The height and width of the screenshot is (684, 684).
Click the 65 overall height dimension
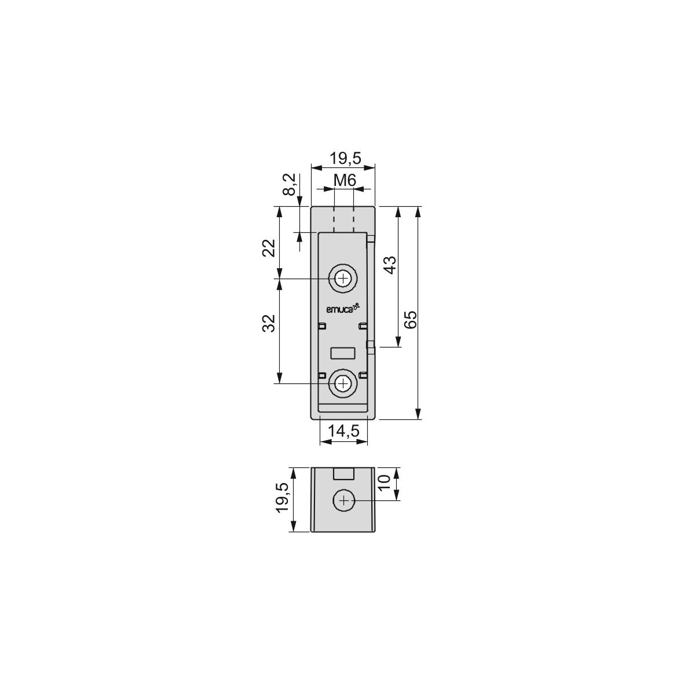click(x=411, y=320)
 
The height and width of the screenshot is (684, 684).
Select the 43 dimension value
click(x=390, y=265)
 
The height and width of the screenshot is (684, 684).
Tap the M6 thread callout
click(x=345, y=180)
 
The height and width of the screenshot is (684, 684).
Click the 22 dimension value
click(x=269, y=248)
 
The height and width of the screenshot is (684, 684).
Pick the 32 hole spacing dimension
click(x=269, y=323)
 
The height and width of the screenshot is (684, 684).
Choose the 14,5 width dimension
click(x=344, y=430)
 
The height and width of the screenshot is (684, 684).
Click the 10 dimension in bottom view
click(x=385, y=482)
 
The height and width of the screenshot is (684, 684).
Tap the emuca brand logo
click(x=342, y=309)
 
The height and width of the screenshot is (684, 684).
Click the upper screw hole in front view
click(x=344, y=279)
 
